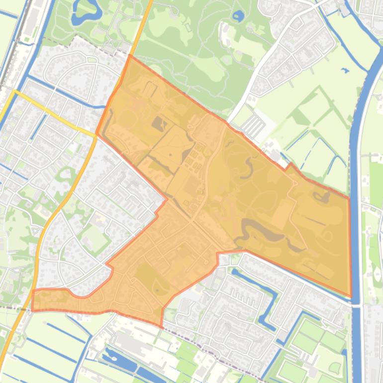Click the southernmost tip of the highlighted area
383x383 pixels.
pyautogui.click(x=161, y=327)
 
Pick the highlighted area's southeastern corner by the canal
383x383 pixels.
pyautogui.click(x=351, y=296)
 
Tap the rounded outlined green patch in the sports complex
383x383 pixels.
pyautogui.click(x=335, y=368)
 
